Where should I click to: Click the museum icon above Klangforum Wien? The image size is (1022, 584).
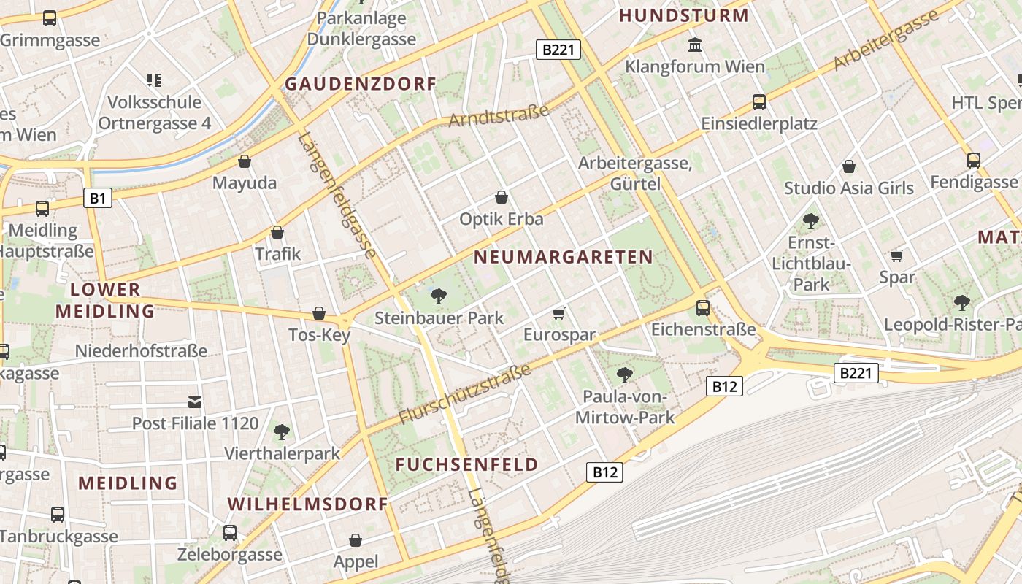(695, 45)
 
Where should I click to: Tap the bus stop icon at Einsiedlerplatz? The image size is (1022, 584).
(759, 102)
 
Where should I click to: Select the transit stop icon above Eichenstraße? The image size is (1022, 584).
(703, 308)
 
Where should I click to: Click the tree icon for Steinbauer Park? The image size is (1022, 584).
(439, 296)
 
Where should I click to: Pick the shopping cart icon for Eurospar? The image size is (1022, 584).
(559, 313)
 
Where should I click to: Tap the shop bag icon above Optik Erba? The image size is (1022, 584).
(502, 197)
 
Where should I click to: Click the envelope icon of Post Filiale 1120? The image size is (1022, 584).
(195, 401)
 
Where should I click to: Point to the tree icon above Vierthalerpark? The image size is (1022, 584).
(282, 432)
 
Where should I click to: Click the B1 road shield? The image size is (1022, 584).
(98, 198)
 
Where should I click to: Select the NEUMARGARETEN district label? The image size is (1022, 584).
(563, 257)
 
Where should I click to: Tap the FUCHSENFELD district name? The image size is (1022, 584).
(467, 464)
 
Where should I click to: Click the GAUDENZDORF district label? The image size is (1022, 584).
(360, 84)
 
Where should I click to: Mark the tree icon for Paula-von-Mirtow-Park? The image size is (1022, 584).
(625, 375)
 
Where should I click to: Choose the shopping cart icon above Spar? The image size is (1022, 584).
(897, 255)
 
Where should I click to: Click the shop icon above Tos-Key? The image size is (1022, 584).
(319, 314)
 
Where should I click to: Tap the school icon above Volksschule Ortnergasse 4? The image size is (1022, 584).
(154, 80)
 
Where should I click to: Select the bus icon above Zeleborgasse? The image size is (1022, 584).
(230, 533)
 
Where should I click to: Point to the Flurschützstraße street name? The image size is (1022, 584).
(465, 395)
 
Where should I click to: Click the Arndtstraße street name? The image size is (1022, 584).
(499, 115)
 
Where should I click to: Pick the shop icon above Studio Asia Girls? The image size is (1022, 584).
(849, 167)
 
